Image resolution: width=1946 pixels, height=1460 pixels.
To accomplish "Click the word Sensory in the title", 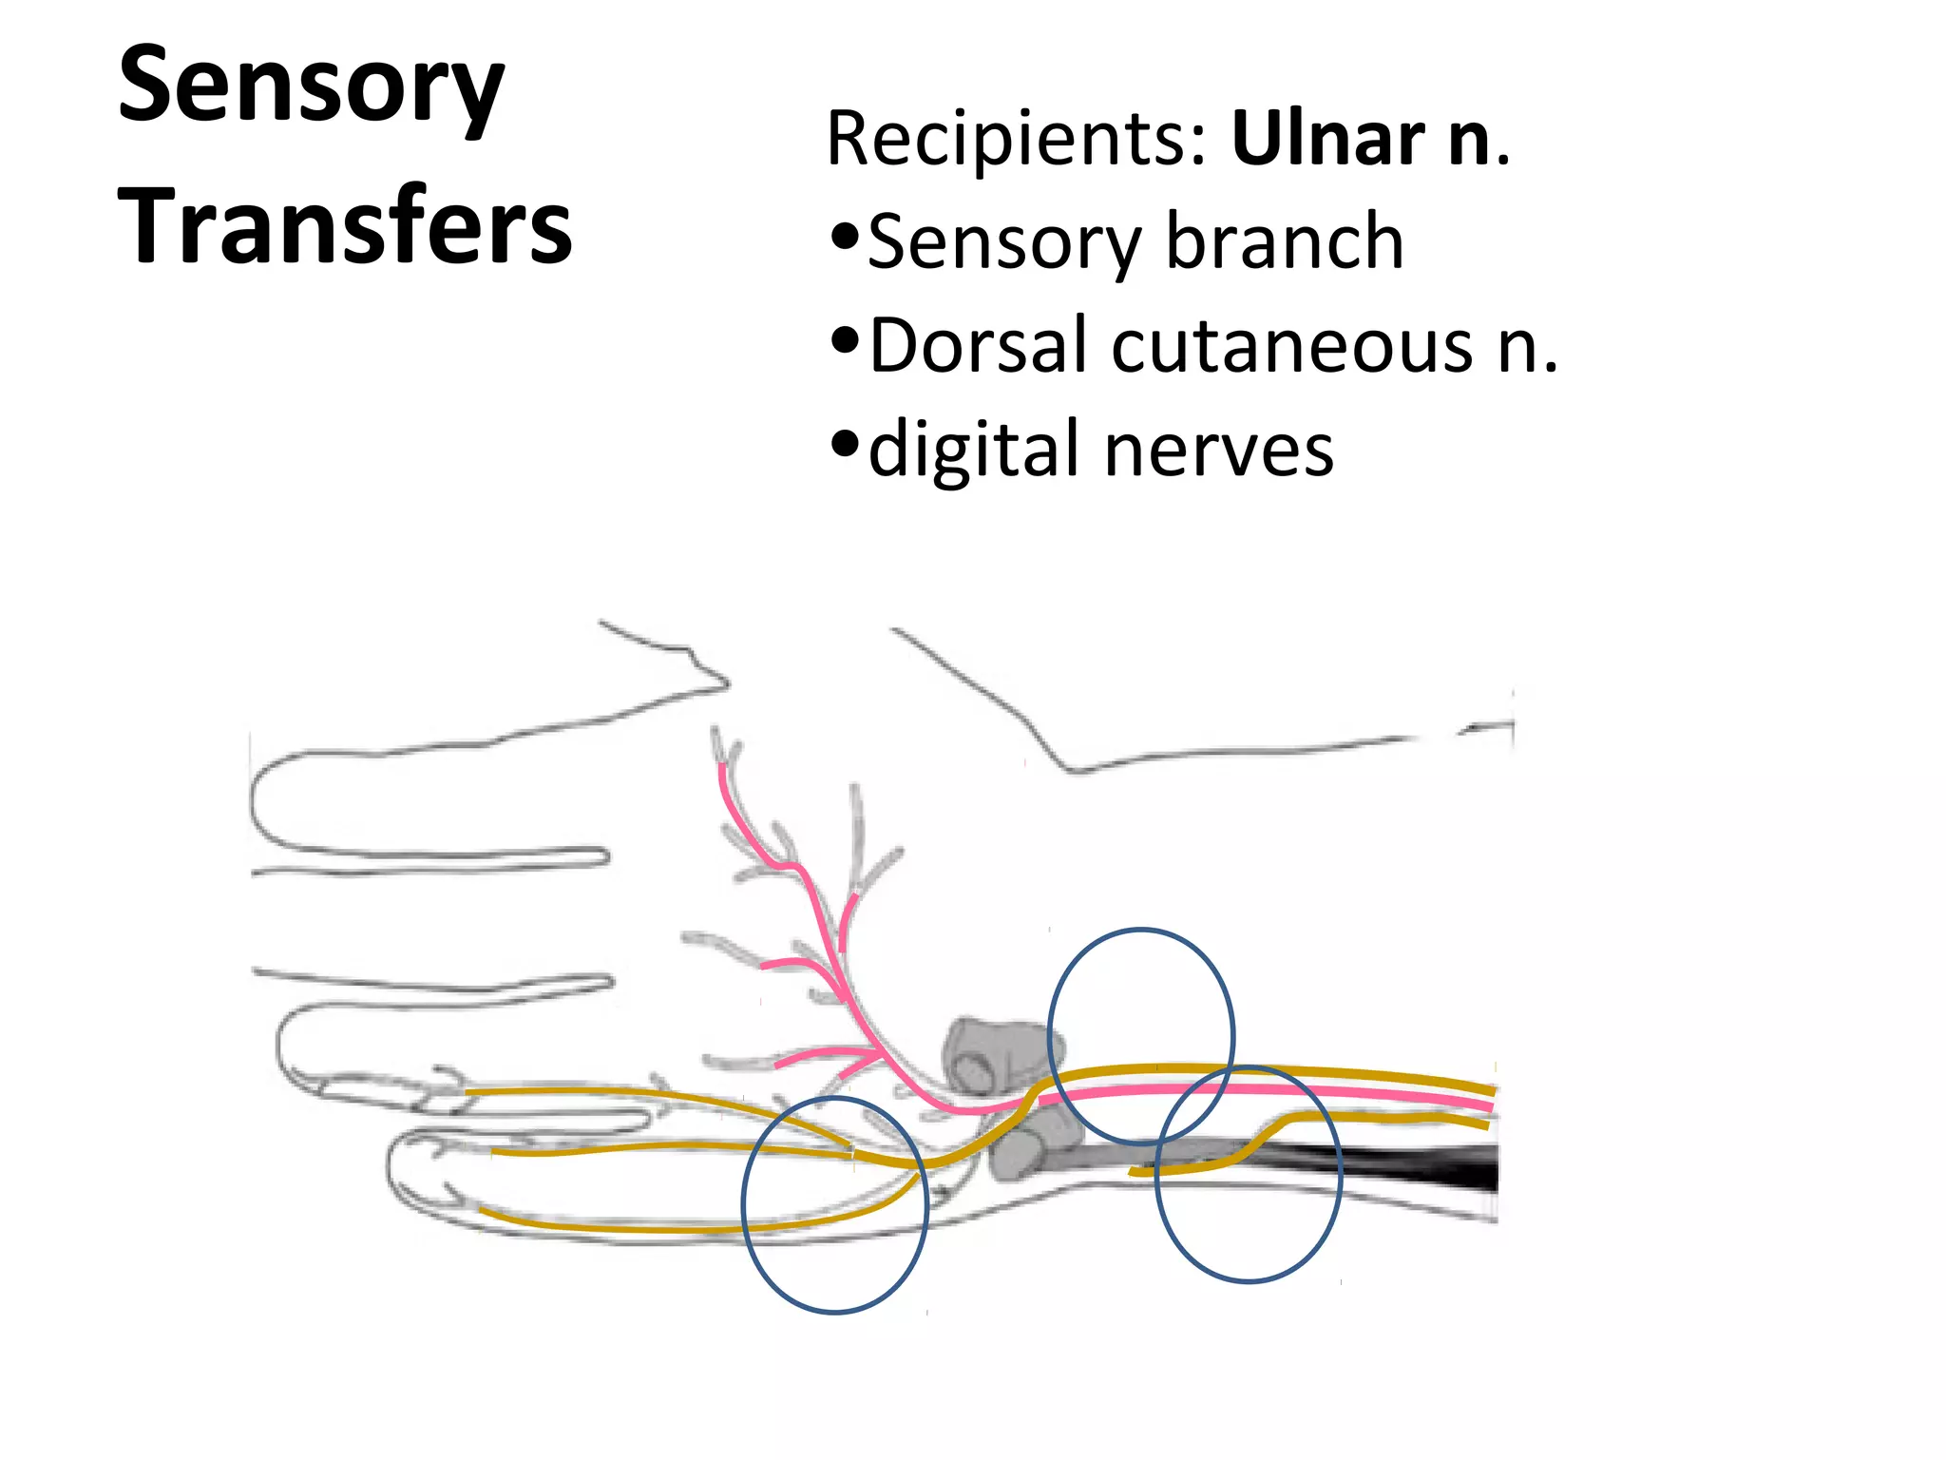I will click(311, 87).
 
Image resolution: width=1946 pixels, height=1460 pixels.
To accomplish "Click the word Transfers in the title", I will click(345, 226).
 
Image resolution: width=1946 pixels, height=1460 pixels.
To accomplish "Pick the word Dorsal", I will click(978, 345).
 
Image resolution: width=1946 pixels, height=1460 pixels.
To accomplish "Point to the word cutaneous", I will click(1292, 346).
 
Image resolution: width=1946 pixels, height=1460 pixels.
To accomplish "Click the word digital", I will click(975, 449).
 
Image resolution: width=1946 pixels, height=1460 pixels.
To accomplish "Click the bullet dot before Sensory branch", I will click(845, 236).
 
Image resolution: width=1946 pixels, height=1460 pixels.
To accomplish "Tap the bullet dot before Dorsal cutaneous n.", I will click(845, 339).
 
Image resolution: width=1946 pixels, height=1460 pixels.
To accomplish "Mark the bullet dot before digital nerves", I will click(845, 442).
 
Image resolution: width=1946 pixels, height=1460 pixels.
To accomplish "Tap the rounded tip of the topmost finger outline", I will click(257, 804).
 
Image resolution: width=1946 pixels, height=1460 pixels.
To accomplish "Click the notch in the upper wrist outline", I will click(1074, 768).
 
